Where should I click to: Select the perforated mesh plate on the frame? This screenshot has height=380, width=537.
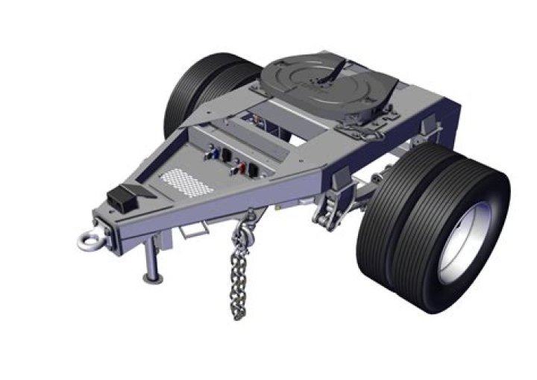tap(178, 179)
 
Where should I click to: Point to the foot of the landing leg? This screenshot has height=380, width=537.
tap(153, 278)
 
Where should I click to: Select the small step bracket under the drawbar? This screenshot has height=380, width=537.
tap(190, 229)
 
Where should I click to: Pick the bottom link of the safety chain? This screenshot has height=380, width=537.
tap(238, 314)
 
